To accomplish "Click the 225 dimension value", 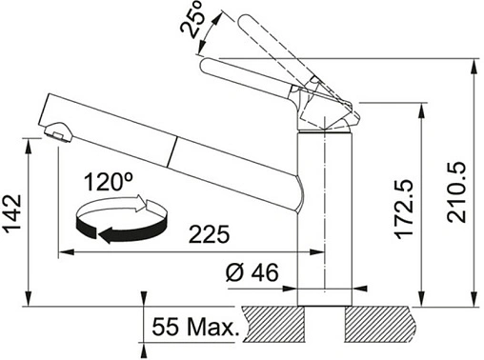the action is tap(209, 234).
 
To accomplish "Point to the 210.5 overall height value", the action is tap(456, 192).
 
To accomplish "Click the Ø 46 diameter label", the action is tap(252, 272).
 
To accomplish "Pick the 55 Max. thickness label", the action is tap(195, 327).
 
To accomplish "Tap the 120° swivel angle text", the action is tap(109, 182).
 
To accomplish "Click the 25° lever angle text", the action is tap(192, 19).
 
